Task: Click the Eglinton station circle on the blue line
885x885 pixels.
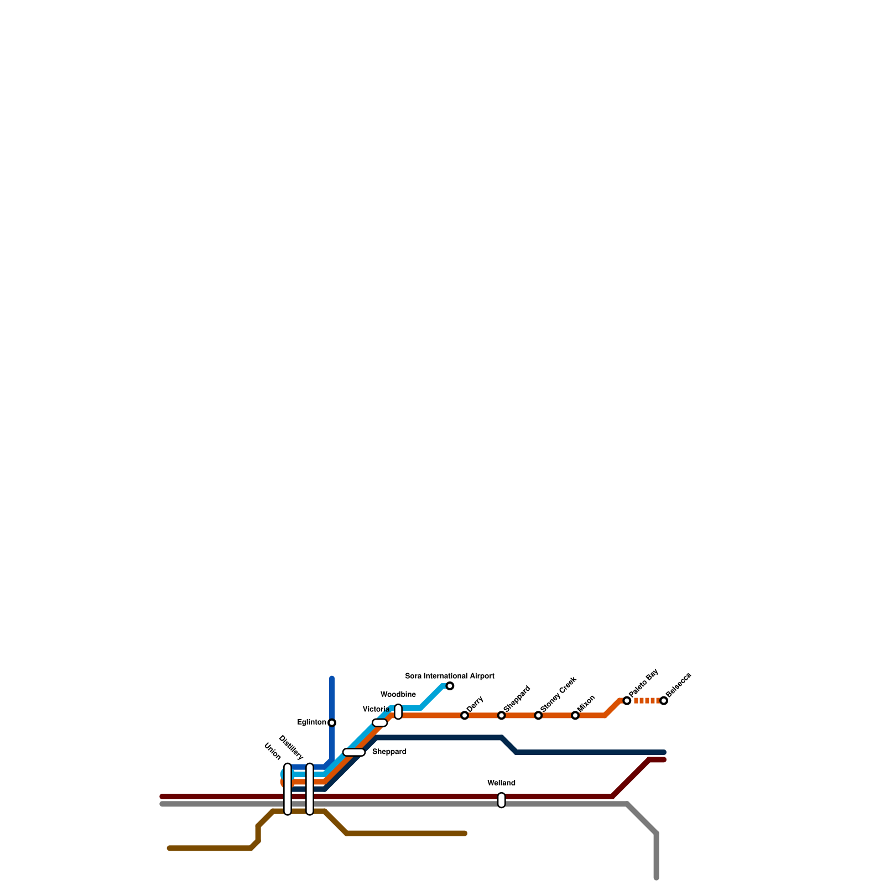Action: pos(332,722)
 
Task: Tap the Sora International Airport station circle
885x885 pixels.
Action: pos(450,686)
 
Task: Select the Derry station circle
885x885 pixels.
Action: pos(465,715)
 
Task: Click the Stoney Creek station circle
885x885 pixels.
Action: pos(538,715)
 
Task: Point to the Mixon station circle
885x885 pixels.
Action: pos(575,715)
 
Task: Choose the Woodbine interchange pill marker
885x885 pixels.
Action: pos(398,712)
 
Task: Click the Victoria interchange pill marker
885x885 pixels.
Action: pos(379,722)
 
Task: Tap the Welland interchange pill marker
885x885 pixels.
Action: pos(501,800)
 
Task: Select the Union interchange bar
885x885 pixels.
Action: pos(288,789)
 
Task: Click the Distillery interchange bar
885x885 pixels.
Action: pos(310,789)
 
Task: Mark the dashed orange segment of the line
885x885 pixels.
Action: pos(645,701)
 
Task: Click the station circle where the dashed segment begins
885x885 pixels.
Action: pos(627,701)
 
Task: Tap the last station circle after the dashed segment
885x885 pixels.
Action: pos(664,701)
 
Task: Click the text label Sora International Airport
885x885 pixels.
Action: pos(450,676)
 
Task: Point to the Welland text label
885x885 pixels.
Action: pos(501,783)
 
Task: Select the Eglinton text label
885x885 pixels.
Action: pos(311,722)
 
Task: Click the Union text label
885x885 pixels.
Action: pos(273,751)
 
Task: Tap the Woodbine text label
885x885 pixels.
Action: pos(398,694)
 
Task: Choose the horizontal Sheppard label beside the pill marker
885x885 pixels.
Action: pos(389,752)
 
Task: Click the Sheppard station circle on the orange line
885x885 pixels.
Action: pos(501,715)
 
